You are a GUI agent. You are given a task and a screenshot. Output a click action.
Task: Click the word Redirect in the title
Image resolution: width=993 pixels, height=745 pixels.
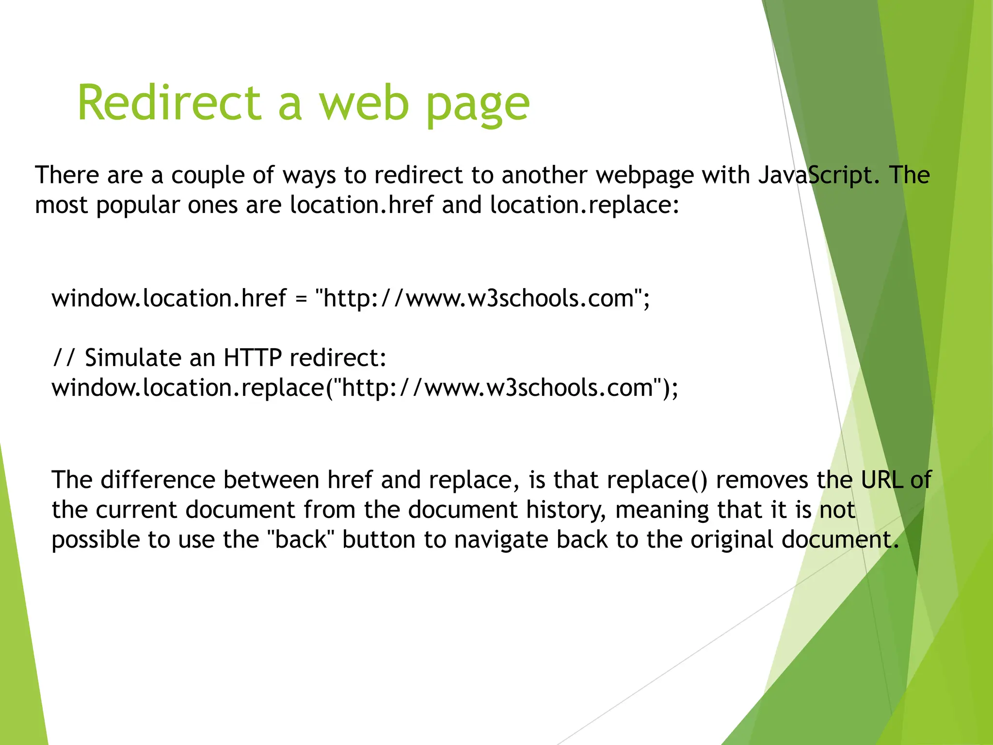169,103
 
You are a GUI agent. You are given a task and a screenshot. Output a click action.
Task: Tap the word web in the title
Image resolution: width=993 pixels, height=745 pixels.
364,103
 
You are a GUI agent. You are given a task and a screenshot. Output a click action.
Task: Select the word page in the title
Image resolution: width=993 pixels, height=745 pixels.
478,106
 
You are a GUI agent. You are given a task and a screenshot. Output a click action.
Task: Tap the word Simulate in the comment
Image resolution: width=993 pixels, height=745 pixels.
150,358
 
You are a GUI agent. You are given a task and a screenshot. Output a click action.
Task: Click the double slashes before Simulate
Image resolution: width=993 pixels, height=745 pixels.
64,358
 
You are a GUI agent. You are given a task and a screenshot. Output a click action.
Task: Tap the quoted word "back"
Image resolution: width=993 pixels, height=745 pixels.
301,540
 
